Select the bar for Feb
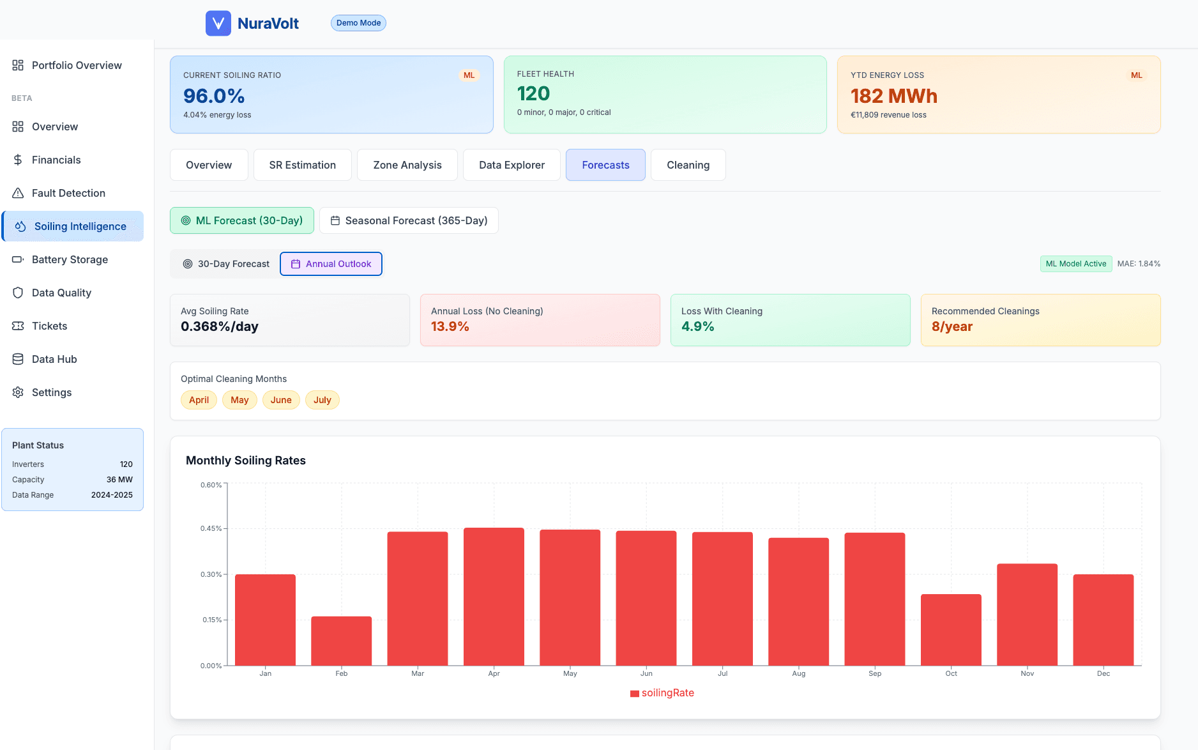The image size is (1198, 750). (x=341, y=641)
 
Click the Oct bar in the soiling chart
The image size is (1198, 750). (x=951, y=630)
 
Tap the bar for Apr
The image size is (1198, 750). (x=494, y=597)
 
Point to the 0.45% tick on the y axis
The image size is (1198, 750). (x=211, y=528)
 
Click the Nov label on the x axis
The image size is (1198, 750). (x=1027, y=673)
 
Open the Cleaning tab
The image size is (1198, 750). (x=688, y=165)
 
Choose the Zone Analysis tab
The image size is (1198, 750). (x=407, y=165)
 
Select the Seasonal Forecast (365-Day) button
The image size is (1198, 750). (x=409, y=220)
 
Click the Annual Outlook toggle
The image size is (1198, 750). (x=331, y=264)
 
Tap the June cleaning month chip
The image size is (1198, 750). (x=281, y=400)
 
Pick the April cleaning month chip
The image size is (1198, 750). (x=199, y=400)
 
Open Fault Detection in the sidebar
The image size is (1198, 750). (x=68, y=193)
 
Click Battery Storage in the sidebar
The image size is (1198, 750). (x=70, y=259)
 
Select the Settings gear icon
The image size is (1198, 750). (x=18, y=392)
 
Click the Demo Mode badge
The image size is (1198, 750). (x=358, y=23)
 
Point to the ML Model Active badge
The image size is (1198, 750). (x=1075, y=264)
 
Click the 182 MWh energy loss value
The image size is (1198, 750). (x=893, y=96)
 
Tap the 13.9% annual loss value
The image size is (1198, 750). (x=450, y=326)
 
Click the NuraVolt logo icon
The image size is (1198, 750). (x=218, y=23)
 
